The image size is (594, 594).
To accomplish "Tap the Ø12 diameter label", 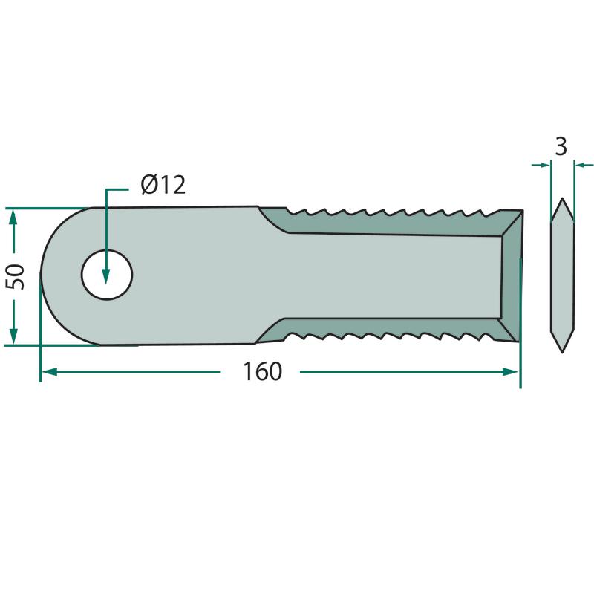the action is [163, 185].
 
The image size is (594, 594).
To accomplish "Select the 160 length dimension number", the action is [262, 372].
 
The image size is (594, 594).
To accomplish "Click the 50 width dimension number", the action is [16, 277].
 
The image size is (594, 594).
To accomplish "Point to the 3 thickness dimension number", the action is [561, 146].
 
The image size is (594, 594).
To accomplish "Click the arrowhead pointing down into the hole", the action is [105, 275].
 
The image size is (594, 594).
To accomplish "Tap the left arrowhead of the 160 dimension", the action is [49, 372].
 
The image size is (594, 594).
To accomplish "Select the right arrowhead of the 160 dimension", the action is [510, 372].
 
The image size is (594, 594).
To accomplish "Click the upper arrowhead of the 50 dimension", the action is [13, 217].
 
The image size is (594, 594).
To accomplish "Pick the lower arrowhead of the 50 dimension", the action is [13, 336].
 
